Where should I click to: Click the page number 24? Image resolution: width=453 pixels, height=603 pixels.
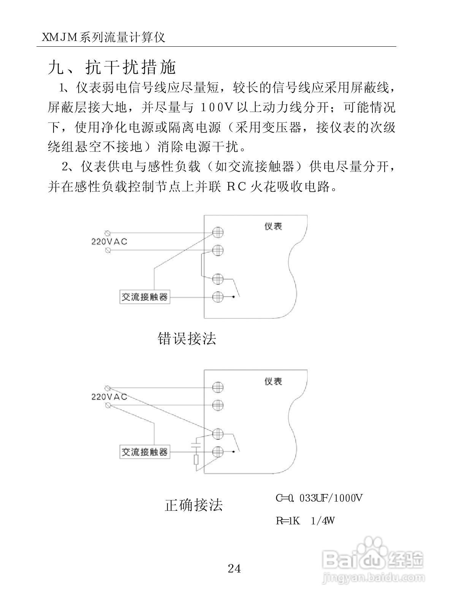[x=234, y=568]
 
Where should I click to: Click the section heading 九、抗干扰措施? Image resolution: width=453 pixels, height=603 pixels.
[x=112, y=68]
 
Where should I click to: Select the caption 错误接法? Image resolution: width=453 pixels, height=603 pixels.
[x=187, y=338]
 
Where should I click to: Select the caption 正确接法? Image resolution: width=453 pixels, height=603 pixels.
[x=194, y=505]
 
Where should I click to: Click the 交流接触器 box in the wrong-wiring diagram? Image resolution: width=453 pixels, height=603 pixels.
[x=144, y=297]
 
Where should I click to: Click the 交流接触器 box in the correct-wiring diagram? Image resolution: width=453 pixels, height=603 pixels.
[x=144, y=452]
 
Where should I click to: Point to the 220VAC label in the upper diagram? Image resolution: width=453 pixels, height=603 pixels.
[x=109, y=242]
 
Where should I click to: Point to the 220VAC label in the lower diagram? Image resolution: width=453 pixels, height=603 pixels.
[x=109, y=397]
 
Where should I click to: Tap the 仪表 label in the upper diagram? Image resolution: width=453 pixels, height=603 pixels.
[x=273, y=226]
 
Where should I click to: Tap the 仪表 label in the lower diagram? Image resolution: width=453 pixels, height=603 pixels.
[x=273, y=381]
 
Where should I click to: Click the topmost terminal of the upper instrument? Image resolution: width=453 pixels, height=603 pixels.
[x=217, y=232]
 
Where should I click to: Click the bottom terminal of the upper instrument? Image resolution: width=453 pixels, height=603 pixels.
[x=217, y=297]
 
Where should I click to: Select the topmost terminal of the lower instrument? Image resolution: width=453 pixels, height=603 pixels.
[x=217, y=387]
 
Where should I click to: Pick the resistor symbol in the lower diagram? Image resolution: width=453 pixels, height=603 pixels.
[x=196, y=460]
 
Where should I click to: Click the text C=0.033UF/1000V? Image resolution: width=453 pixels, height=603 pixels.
[x=319, y=498]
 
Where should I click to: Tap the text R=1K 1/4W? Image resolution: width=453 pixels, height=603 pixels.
[x=305, y=521]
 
